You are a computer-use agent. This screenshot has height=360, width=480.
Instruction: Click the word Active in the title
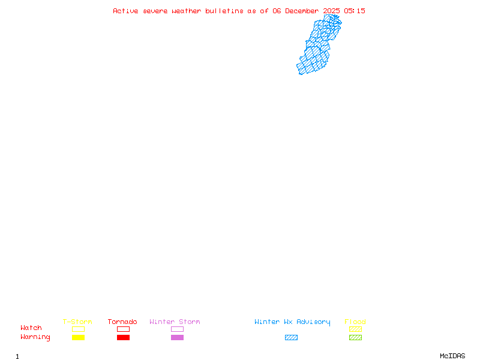coord(125,11)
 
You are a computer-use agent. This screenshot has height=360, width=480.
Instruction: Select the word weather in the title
coord(187,11)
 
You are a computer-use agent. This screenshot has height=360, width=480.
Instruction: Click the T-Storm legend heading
coord(77,322)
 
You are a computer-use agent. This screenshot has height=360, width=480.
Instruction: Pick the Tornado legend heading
coord(122,322)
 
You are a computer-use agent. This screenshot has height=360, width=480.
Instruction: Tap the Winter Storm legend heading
coord(175,322)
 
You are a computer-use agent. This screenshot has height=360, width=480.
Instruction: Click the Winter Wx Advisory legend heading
coord(292,322)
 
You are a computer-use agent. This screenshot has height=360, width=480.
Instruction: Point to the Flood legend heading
coord(355,322)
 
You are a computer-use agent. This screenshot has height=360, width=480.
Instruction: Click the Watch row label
coord(31,328)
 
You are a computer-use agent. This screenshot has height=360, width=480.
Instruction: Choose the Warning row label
coord(35,337)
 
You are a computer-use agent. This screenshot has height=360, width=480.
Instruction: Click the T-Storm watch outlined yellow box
coord(78,329)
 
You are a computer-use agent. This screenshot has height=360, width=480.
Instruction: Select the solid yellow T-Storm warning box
coord(78,337)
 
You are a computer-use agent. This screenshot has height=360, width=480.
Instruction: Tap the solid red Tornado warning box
coord(123,337)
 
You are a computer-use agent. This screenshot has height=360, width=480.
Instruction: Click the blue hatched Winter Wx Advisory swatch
coord(291,337)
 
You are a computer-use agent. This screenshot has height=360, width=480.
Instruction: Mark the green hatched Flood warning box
coord(355,337)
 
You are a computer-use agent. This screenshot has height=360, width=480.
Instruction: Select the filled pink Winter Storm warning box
coord(177,337)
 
